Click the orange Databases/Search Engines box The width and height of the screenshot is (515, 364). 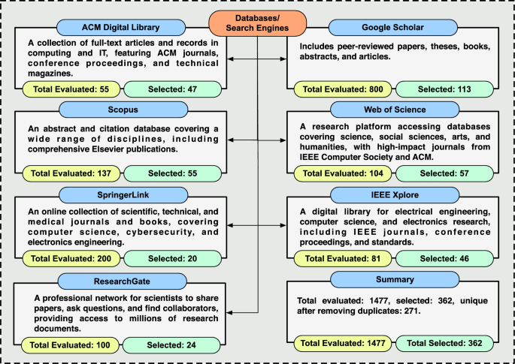click(257, 23)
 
